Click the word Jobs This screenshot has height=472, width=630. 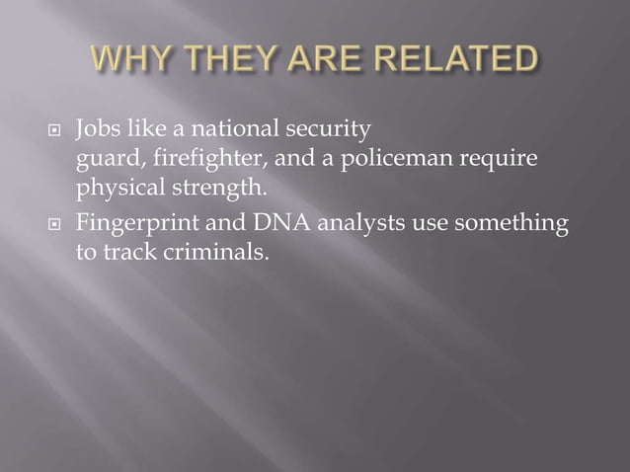pos(97,128)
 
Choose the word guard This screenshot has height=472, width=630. pos(106,158)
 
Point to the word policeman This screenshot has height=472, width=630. pos(378,157)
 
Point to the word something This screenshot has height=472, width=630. pos(516,225)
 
